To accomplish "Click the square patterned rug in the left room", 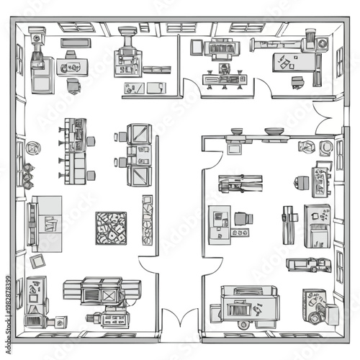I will [111, 228].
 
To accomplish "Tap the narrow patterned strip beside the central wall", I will [148, 220].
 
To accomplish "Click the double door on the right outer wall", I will [325, 118].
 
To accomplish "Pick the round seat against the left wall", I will [32, 148].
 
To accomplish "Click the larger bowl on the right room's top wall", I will [274, 132].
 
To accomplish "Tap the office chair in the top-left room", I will [73, 85].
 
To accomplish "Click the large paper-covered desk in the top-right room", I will [294, 62].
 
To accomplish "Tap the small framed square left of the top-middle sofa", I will [197, 46].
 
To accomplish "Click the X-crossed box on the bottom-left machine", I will [109, 294].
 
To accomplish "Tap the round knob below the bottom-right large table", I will [245, 325].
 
